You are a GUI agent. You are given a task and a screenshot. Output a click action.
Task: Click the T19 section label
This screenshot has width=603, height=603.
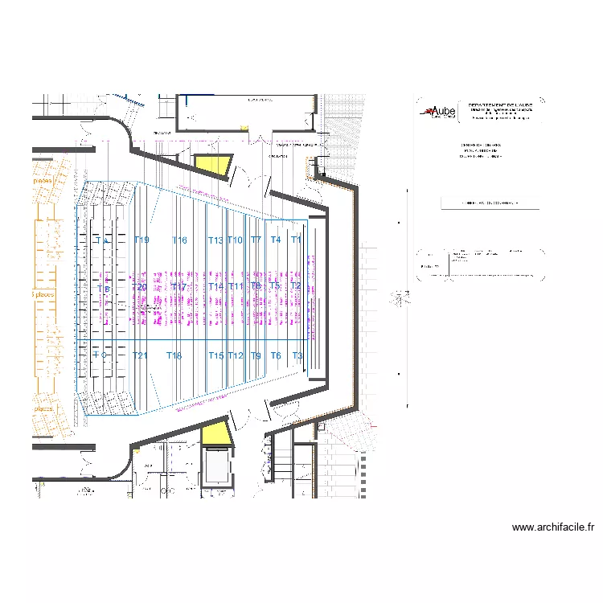tap(142, 240)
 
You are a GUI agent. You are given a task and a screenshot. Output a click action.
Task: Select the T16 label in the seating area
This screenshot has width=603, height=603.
tap(179, 240)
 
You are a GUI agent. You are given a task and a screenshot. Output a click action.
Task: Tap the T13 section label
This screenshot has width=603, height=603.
tap(215, 240)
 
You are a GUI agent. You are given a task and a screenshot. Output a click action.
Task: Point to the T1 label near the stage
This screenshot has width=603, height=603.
tap(296, 240)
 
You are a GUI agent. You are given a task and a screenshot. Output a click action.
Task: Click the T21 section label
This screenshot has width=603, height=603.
tap(141, 355)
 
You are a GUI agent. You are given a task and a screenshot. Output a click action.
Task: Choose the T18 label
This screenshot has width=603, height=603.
tap(174, 355)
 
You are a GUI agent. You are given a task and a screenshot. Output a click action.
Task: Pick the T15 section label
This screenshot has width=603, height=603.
tap(216, 355)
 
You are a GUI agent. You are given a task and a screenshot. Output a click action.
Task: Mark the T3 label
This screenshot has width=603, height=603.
tap(297, 355)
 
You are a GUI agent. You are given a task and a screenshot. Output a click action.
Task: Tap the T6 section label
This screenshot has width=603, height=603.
tap(276, 355)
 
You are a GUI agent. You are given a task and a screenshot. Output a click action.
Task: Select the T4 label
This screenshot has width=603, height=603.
tap(276, 240)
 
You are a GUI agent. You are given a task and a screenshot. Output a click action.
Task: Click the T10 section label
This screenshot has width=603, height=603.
tap(236, 240)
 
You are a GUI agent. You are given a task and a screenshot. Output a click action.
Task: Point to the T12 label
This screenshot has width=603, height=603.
tap(236, 355)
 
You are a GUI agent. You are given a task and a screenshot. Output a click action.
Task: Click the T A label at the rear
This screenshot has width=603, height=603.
tap(102, 240)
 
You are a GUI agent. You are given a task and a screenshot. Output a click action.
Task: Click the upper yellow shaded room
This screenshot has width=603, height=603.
tap(215, 166)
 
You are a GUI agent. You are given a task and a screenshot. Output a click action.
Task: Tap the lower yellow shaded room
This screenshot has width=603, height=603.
tap(215, 433)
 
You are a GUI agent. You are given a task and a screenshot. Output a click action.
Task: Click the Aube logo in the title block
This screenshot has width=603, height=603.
tap(439, 112)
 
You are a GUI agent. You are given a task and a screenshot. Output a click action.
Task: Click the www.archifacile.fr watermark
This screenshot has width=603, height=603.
tap(552, 528)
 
